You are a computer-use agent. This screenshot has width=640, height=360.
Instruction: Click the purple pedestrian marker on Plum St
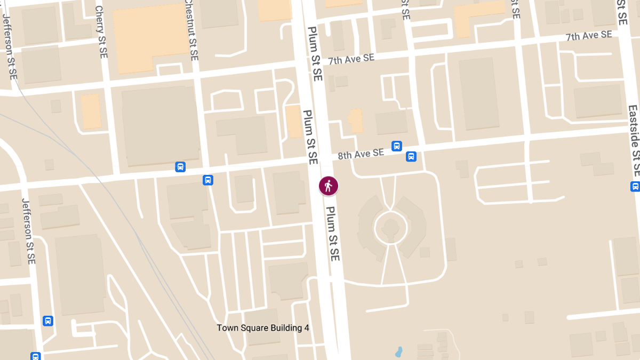(328, 186)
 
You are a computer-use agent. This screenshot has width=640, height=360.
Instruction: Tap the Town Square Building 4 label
(263, 328)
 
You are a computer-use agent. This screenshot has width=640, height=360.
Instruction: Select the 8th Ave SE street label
(361, 154)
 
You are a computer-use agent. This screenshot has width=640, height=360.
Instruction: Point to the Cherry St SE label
(101, 32)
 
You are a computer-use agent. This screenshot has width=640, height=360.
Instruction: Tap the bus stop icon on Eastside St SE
(635, 186)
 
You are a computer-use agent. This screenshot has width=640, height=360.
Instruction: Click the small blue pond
(398, 352)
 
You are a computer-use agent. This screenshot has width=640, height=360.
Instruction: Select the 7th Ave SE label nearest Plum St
(351, 59)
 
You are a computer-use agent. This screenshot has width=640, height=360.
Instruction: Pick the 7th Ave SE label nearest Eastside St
(589, 36)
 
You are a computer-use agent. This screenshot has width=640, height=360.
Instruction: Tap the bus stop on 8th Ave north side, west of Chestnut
(180, 167)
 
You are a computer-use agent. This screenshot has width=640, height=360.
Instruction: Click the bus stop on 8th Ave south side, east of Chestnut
(208, 180)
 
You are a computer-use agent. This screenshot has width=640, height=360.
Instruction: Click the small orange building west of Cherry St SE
(91, 111)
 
